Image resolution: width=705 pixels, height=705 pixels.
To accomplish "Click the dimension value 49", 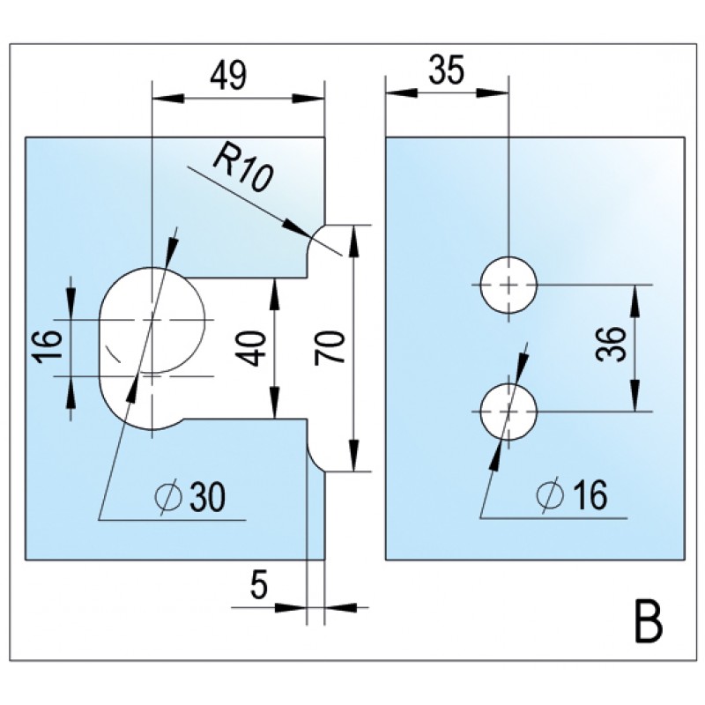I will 227,76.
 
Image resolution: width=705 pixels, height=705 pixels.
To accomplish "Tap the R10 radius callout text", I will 240,168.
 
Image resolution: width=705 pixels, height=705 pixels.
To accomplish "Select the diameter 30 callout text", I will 189,498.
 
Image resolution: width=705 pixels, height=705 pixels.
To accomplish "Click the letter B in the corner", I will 649,621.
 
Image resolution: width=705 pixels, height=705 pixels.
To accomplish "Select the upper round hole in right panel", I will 508,285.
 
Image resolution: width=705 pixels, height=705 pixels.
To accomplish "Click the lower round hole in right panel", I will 508,412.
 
